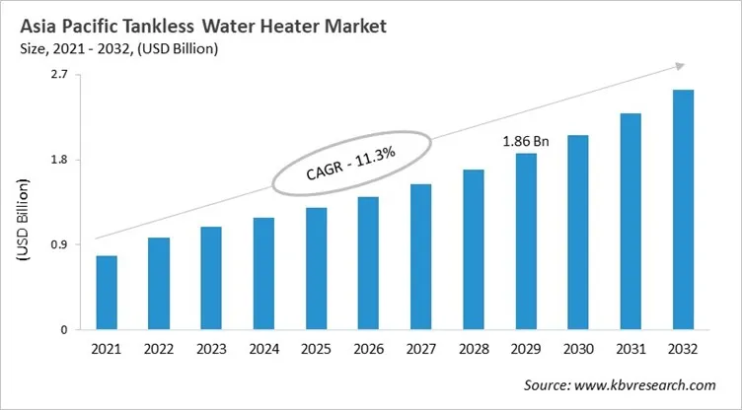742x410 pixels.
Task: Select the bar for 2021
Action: click(107, 293)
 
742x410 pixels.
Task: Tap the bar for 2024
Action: click(263, 273)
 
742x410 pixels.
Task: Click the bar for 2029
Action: click(526, 240)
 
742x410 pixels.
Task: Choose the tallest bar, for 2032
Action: click(683, 209)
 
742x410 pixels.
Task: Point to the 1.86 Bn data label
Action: click(526, 142)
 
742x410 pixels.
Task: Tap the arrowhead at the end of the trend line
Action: click(679, 65)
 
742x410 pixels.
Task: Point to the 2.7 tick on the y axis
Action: click(58, 75)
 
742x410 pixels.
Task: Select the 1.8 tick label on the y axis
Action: click(58, 160)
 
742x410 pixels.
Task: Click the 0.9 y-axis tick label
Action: click(58, 244)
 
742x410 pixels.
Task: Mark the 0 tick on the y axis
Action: click(63, 329)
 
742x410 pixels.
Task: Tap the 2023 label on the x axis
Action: click(211, 350)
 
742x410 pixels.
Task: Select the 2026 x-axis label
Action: click(368, 350)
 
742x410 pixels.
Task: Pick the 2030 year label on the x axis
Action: click(578, 350)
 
